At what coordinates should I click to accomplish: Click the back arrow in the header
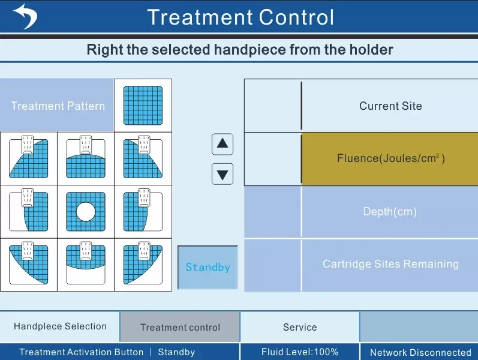(x=25, y=16)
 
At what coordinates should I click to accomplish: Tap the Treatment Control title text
(x=240, y=17)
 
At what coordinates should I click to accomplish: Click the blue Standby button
(x=208, y=267)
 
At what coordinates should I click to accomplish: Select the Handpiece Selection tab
(x=60, y=326)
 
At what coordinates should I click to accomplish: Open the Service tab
(x=300, y=327)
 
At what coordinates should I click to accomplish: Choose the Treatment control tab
(x=180, y=328)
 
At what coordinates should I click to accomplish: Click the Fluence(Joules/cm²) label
(x=390, y=159)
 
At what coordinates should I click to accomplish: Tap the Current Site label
(x=390, y=106)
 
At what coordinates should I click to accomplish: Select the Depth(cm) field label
(x=390, y=212)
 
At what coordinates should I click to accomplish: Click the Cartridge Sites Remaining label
(x=390, y=264)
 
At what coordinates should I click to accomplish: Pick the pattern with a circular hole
(x=85, y=212)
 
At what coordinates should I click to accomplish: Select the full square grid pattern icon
(x=143, y=106)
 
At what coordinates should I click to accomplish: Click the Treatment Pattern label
(x=58, y=106)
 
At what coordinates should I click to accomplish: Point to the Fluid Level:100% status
(x=300, y=352)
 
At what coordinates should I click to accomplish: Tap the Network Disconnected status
(x=420, y=353)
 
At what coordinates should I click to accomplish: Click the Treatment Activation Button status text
(x=82, y=352)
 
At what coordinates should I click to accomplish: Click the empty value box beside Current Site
(x=272, y=106)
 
